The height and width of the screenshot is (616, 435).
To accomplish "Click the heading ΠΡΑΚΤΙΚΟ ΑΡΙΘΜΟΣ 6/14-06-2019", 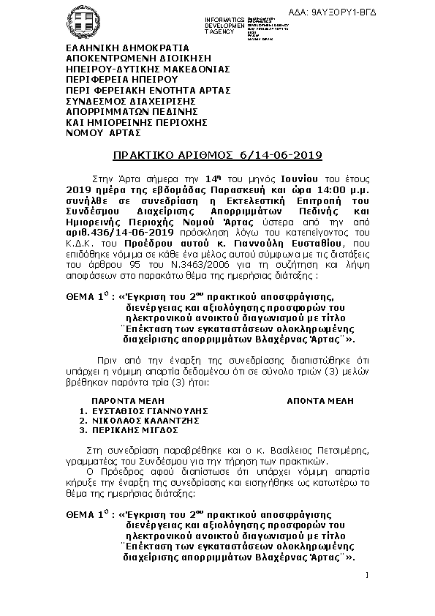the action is pos(217,155).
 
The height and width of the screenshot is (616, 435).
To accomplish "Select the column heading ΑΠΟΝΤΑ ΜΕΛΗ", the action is pos(319,401).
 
